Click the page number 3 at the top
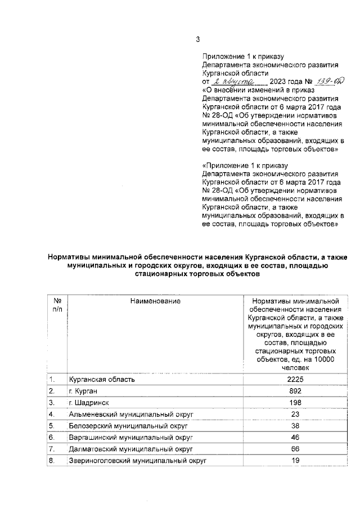(197, 39)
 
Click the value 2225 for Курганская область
(295, 379)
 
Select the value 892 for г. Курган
(295, 391)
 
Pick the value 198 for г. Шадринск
(295, 403)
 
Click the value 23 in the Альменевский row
(295, 414)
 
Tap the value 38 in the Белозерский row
(295, 426)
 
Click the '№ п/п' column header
(57, 305)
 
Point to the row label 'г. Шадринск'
(89, 403)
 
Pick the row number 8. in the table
(52, 461)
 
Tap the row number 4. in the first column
(52, 415)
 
